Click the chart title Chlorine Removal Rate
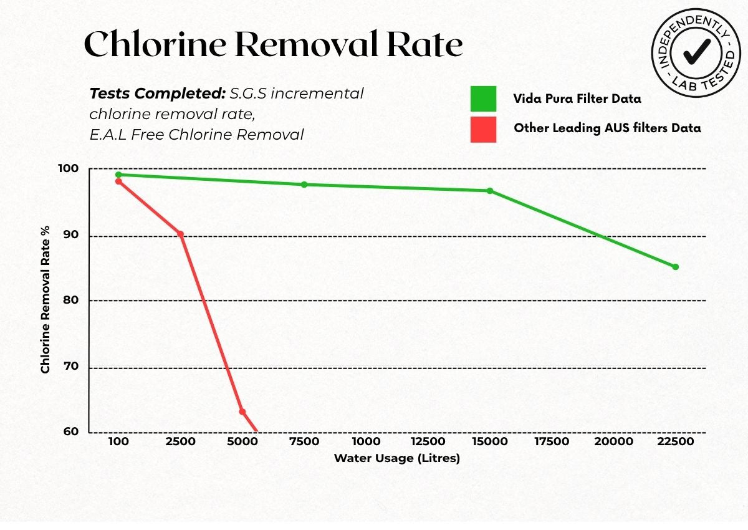[273, 45]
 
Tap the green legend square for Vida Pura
[483, 99]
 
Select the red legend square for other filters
[483, 129]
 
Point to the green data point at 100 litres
[118, 175]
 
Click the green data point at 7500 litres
[304, 185]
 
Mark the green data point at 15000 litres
[490, 191]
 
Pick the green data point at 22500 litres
[675, 267]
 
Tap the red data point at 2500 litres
[180, 234]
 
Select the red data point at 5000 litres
[242, 412]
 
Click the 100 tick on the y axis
[70, 169]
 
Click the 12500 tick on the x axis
[428, 442]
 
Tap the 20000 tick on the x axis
[613, 442]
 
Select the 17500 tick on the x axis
[552, 442]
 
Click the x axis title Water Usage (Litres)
[396, 458]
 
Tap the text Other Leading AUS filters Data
[607, 128]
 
